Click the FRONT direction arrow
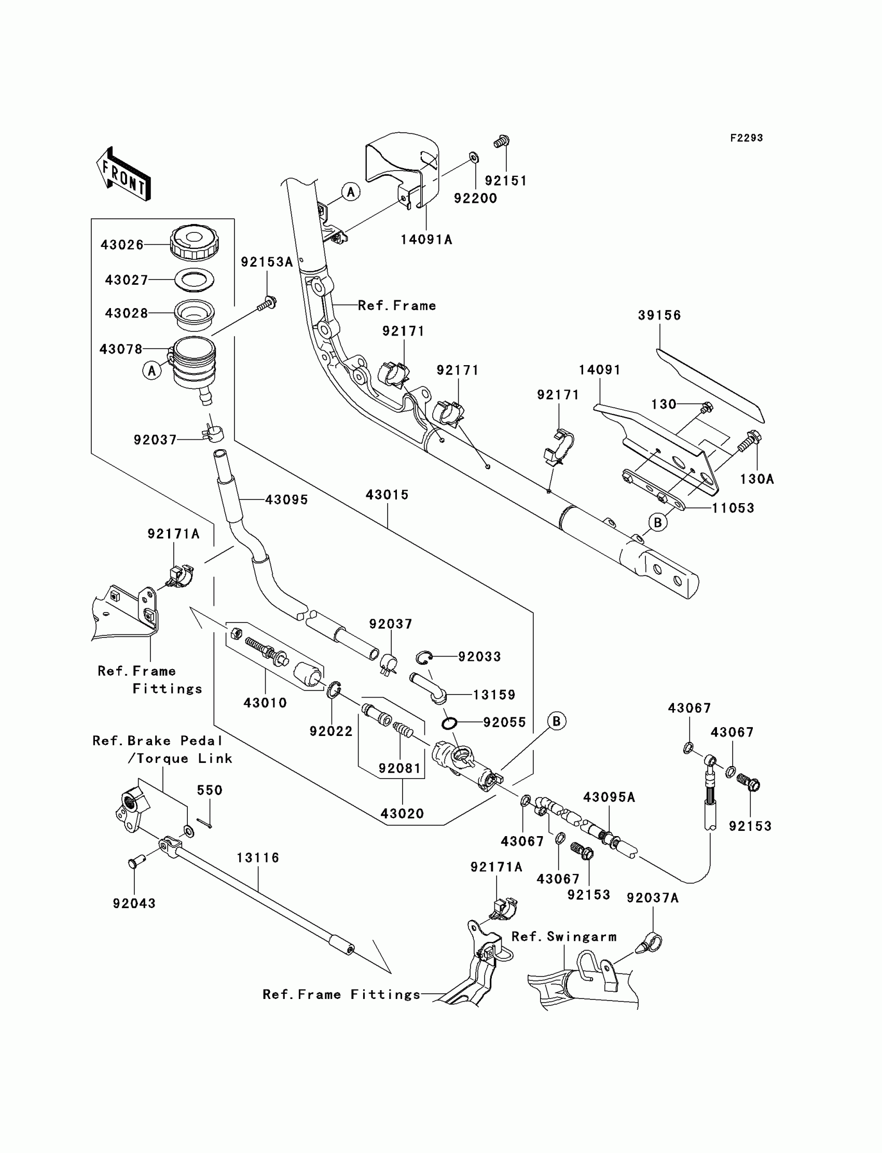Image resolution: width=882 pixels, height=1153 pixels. pos(124,174)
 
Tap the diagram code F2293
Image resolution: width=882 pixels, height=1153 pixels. pos(746,138)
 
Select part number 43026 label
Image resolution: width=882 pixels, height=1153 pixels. pos(122,245)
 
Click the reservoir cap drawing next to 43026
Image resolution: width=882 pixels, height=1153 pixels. pos(194,242)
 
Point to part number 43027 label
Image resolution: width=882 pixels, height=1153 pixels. pos(126,280)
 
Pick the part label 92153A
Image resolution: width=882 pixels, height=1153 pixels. pos(267,262)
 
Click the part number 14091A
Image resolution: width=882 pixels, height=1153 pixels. pos(426,240)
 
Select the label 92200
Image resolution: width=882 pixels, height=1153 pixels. pos(475,198)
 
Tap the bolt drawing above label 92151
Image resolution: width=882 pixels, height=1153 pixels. pos(502,141)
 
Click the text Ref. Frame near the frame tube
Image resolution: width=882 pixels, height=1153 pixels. pos(397,305)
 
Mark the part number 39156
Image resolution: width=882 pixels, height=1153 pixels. pos(659,315)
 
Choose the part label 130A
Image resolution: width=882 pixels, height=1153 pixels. pos(756,479)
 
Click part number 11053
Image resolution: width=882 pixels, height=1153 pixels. pos(733,508)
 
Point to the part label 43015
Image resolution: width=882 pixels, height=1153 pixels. pos(387,495)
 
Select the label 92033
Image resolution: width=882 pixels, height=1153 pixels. pos(479,657)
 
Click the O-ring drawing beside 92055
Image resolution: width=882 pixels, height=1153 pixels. pos(448,724)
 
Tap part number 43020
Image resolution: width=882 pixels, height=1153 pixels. pos(402,813)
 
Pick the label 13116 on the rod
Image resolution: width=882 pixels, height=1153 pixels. pos(258,858)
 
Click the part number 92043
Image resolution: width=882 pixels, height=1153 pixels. pos(134,904)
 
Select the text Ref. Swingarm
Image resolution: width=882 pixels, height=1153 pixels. pos(564,937)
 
